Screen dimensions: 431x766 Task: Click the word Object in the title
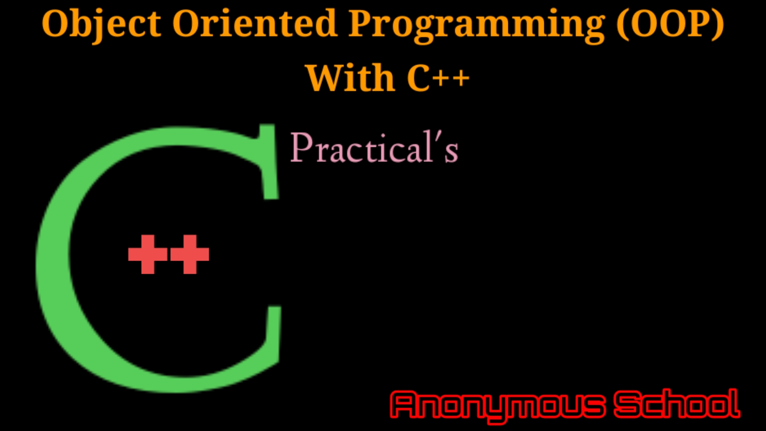pos(101,24)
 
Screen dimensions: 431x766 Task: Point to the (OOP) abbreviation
pos(670,24)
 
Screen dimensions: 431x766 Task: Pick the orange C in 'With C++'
pos(419,78)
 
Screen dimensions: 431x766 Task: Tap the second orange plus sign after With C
pos(461,78)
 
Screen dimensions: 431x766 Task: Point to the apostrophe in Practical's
pos(438,138)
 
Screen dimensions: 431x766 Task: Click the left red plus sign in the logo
pos(148,254)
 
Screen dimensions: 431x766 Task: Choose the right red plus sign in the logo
pos(190,254)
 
